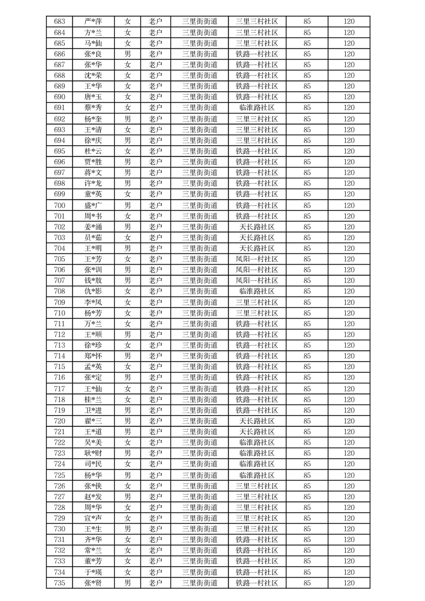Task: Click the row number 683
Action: point(59,22)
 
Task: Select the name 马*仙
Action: point(93,43)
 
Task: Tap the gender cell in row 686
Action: point(128,54)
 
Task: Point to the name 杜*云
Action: point(93,151)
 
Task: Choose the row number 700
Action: point(59,205)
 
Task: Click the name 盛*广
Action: point(93,205)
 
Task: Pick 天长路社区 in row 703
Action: point(257,237)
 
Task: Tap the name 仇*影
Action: point(93,291)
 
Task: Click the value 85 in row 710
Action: point(307,313)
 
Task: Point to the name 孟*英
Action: point(93,367)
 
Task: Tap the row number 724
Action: point(59,464)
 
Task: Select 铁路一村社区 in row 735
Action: point(257,583)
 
